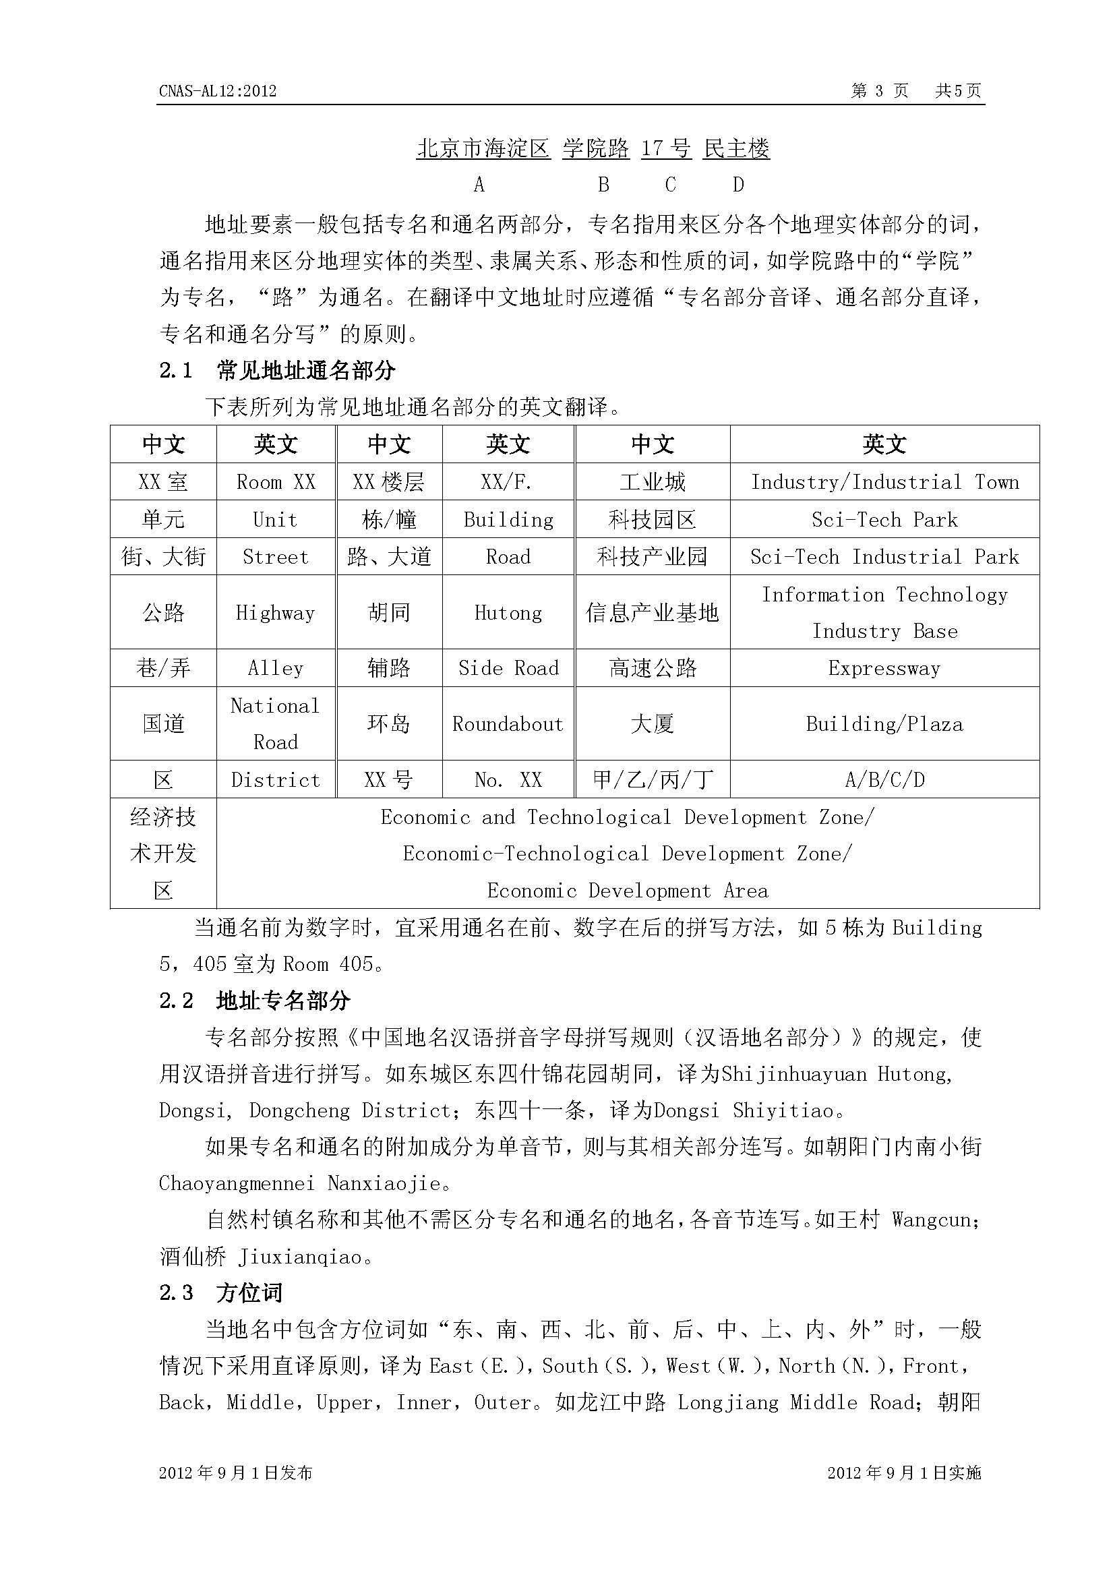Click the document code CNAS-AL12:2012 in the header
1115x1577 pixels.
(217, 91)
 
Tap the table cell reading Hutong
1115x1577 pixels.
(508, 613)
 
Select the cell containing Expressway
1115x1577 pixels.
(884, 668)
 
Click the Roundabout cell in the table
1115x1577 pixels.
(508, 724)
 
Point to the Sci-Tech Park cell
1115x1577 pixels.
(884, 520)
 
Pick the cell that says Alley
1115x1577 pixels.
(275, 668)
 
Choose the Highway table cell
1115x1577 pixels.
(275, 613)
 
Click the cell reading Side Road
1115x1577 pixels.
(508, 668)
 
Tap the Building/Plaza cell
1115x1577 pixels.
(884, 724)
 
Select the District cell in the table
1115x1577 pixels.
(275, 780)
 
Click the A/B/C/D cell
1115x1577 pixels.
(884, 780)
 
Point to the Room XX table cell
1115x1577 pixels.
(275, 482)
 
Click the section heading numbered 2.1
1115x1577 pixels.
(277, 371)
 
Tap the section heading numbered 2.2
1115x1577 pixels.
(255, 1001)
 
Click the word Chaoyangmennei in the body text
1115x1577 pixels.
(237, 1183)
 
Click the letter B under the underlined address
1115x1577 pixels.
(603, 185)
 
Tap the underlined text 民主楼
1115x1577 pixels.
(737, 148)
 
